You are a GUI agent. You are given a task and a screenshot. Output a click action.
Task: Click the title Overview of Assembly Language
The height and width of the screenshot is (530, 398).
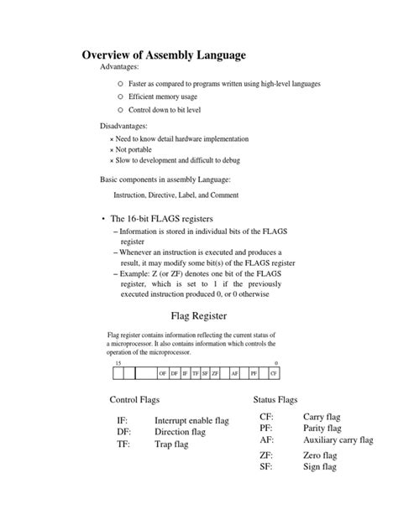(164, 55)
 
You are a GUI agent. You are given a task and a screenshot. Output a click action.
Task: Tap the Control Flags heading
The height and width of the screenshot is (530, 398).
(140, 399)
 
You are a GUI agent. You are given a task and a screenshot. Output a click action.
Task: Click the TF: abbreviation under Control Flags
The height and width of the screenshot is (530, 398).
(124, 445)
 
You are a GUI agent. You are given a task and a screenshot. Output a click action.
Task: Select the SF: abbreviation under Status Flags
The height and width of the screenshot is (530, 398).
(267, 466)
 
